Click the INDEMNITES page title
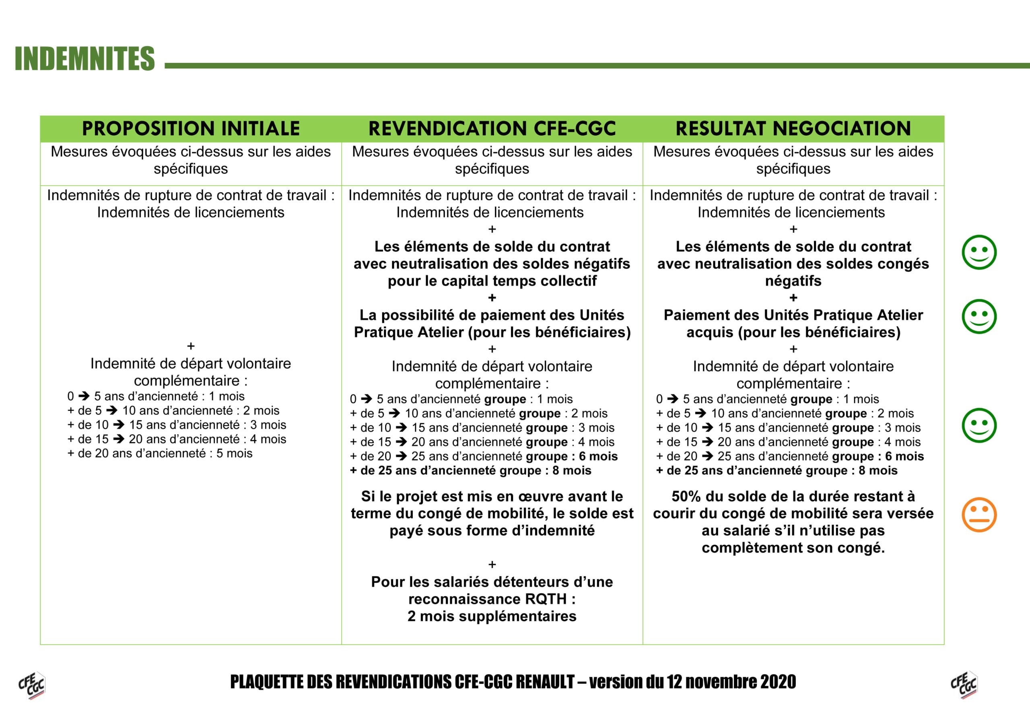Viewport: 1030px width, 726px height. point(85,59)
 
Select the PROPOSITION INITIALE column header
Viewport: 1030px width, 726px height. point(191,129)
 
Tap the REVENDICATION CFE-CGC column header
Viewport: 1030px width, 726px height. point(492,129)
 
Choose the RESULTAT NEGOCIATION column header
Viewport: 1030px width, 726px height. point(793,129)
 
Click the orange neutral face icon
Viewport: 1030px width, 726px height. point(979,515)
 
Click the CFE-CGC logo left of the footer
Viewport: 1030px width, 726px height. point(32,685)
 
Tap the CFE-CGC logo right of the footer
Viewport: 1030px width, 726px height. point(964,685)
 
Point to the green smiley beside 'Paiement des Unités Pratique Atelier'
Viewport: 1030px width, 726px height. point(979,316)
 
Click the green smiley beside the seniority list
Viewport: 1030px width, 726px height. point(979,425)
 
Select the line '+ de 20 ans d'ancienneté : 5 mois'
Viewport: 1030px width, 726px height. point(160,453)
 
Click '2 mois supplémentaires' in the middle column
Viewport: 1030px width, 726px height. point(492,616)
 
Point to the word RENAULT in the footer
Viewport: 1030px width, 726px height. point(545,682)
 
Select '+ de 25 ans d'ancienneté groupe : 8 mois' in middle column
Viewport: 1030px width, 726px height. point(471,471)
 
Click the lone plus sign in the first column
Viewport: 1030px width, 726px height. point(191,346)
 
